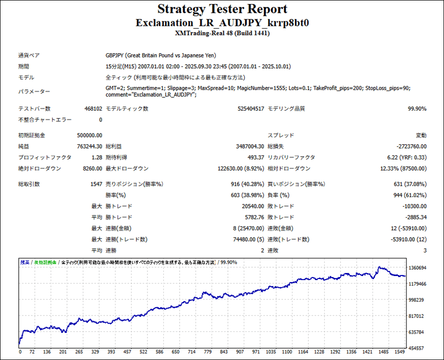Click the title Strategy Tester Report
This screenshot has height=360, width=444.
coord(222,9)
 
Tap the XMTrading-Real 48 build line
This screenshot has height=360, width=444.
coord(222,33)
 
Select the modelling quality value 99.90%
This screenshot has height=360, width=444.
coord(417,109)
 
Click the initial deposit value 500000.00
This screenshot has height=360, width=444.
coord(89,135)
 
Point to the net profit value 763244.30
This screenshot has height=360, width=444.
coord(89,146)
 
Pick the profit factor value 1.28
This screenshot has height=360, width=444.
coord(97,158)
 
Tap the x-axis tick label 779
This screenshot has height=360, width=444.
coord(208,352)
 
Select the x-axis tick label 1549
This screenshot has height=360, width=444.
coord(400,352)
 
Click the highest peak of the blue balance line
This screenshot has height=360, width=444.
coord(379,267)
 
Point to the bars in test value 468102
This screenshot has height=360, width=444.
coord(93,109)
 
